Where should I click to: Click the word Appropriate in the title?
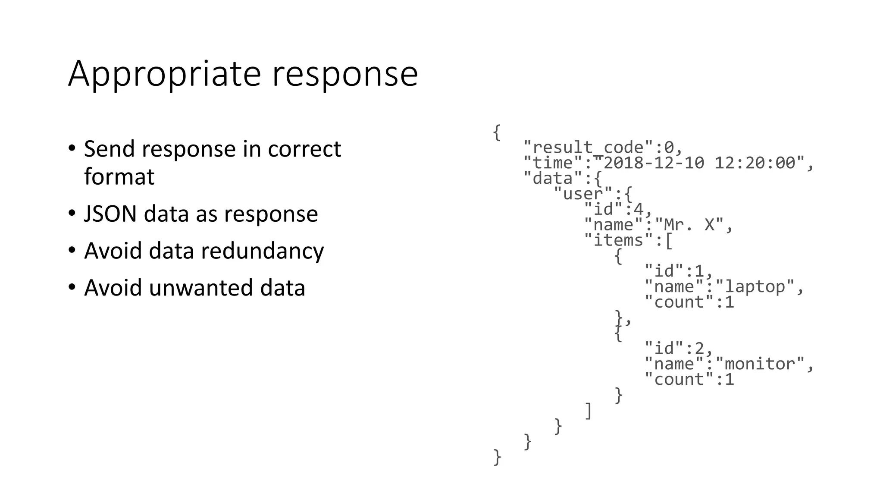coord(164,74)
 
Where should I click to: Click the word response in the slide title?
coord(344,74)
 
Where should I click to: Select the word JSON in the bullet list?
coord(110,214)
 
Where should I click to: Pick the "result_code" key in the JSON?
coord(589,148)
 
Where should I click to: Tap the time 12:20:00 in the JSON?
coord(755,163)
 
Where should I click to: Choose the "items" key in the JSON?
coord(619,240)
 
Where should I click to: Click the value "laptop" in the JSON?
coord(755,286)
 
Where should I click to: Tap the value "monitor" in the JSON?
coord(760,364)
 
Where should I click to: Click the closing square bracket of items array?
coord(589,411)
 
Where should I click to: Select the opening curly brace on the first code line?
coord(497,132)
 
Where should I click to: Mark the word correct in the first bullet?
coord(304,149)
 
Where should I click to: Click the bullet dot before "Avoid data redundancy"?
coord(72,250)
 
